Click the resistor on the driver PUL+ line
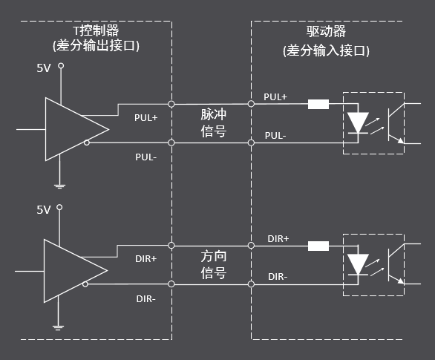pos(318,104)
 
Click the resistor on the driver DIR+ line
pos(318,246)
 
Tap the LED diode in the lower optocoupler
pos(358,264)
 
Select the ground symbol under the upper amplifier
pos(59,186)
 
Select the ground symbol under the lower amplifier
pos(58,328)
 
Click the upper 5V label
pos(44,68)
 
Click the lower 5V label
pos(44,210)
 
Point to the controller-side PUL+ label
pos(146,117)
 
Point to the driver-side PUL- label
pos(275,136)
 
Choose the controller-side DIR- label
pos(146,299)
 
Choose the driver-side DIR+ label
pos(278,239)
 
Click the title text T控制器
pos(96,30)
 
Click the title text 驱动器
pos(327,31)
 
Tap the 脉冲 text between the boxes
pos(214,114)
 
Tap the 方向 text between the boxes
pos(214,256)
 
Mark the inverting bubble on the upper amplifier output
pos(87,143)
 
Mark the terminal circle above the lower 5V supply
pos(59,207)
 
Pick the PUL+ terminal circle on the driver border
pos(251,104)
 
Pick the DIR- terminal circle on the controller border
pos(171,284)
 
